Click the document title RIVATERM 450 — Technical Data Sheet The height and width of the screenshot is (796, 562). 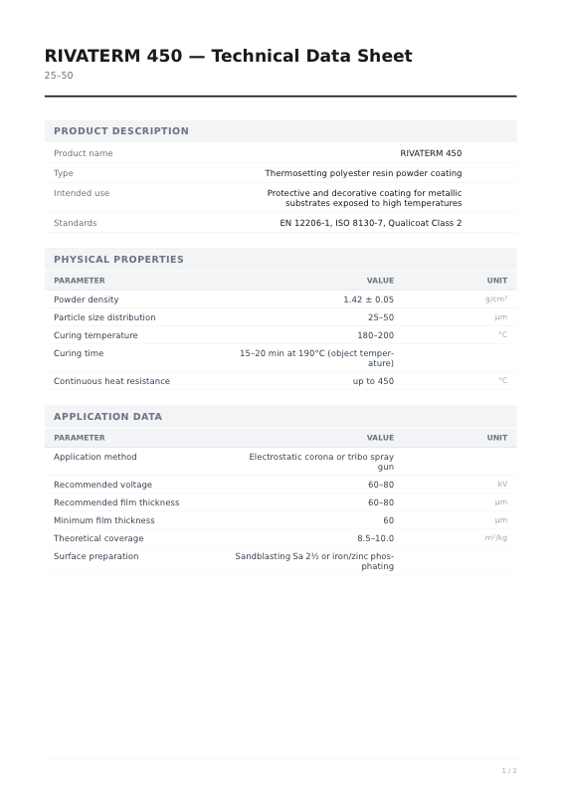(x=228, y=57)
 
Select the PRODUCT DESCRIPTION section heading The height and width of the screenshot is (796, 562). (x=120, y=131)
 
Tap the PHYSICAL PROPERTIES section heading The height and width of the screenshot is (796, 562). (x=118, y=260)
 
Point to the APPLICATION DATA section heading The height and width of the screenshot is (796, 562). (x=107, y=417)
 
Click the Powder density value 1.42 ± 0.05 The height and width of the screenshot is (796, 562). (x=368, y=299)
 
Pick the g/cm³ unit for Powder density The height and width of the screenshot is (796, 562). (x=495, y=299)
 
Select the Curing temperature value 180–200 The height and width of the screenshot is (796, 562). (x=375, y=335)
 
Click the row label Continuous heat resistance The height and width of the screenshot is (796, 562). (x=111, y=381)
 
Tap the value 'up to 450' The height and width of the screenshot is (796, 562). (x=373, y=381)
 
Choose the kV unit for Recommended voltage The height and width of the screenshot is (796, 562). (x=501, y=485)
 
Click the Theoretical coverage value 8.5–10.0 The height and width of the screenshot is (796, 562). (x=375, y=538)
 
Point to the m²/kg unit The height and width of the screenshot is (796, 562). (x=495, y=538)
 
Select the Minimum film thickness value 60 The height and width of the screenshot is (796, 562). (x=388, y=520)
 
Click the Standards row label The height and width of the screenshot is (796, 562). (x=75, y=223)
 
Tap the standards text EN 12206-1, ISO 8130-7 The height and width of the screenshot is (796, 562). (x=370, y=223)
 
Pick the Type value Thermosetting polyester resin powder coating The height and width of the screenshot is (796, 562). (x=363, y=173)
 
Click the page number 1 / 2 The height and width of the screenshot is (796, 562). (x=508, y=771)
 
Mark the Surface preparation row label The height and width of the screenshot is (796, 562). (x=95, y=556)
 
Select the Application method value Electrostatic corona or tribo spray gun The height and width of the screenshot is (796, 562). (x=320, y=462)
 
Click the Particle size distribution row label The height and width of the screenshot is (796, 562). (x=104, y=317)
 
